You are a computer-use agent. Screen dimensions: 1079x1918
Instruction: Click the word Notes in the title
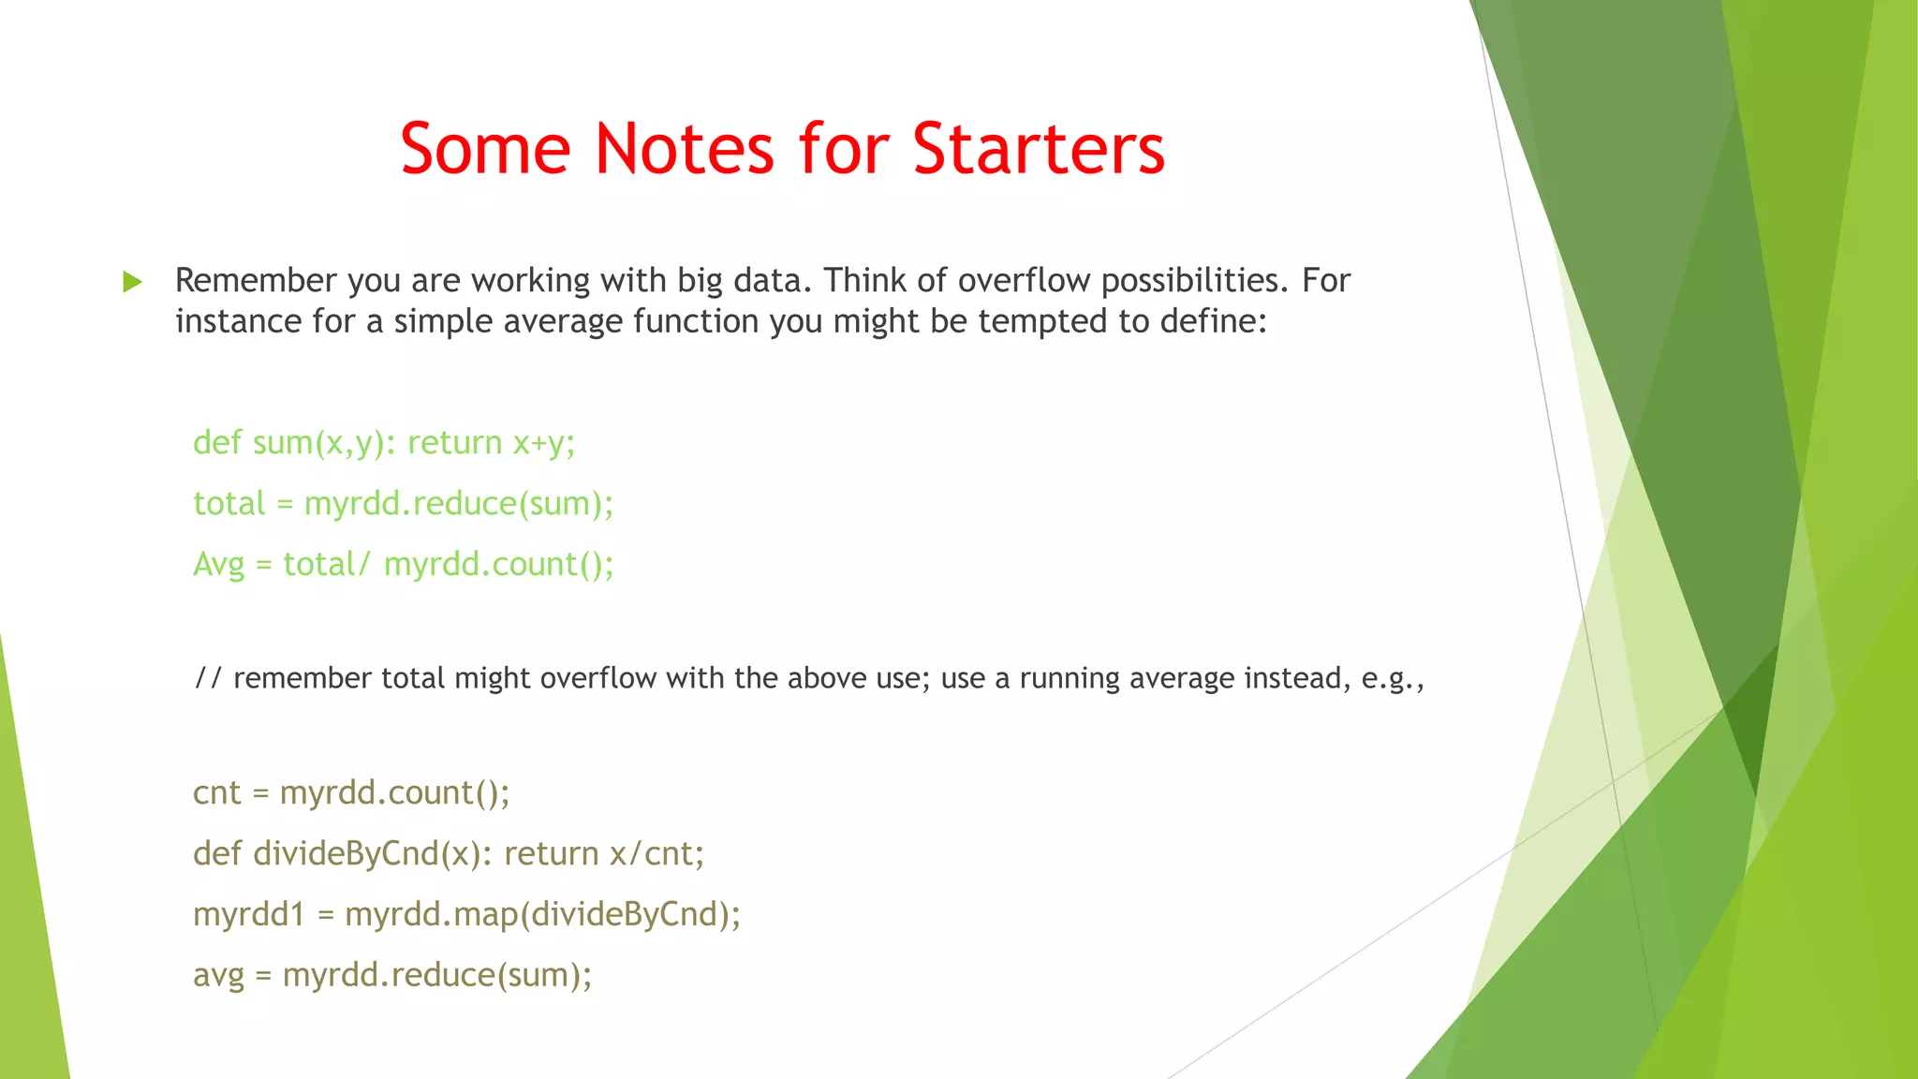click(685, 149)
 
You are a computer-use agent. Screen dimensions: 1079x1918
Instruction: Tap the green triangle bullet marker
click(132, 282)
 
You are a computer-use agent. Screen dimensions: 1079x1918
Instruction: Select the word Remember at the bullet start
click(256, 280)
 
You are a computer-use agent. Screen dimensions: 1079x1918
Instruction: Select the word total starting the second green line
click(229, 504)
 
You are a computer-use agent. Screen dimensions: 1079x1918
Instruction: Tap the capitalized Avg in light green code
click(218, 565)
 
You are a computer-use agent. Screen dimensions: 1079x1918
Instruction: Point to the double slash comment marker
click(208, 678)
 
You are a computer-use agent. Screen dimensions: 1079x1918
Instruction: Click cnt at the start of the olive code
click(216, 793)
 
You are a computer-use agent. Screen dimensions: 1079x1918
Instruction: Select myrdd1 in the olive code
click(249, 914)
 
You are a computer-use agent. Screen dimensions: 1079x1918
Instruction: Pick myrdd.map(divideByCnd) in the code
click(541, 914)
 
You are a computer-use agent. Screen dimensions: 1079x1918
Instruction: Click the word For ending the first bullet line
click(1325, 280)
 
